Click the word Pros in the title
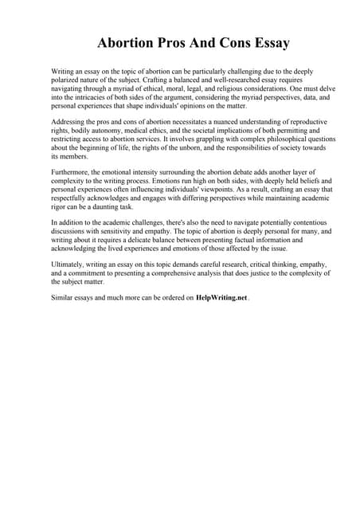coord(174,42)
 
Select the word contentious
coord(306,222)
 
